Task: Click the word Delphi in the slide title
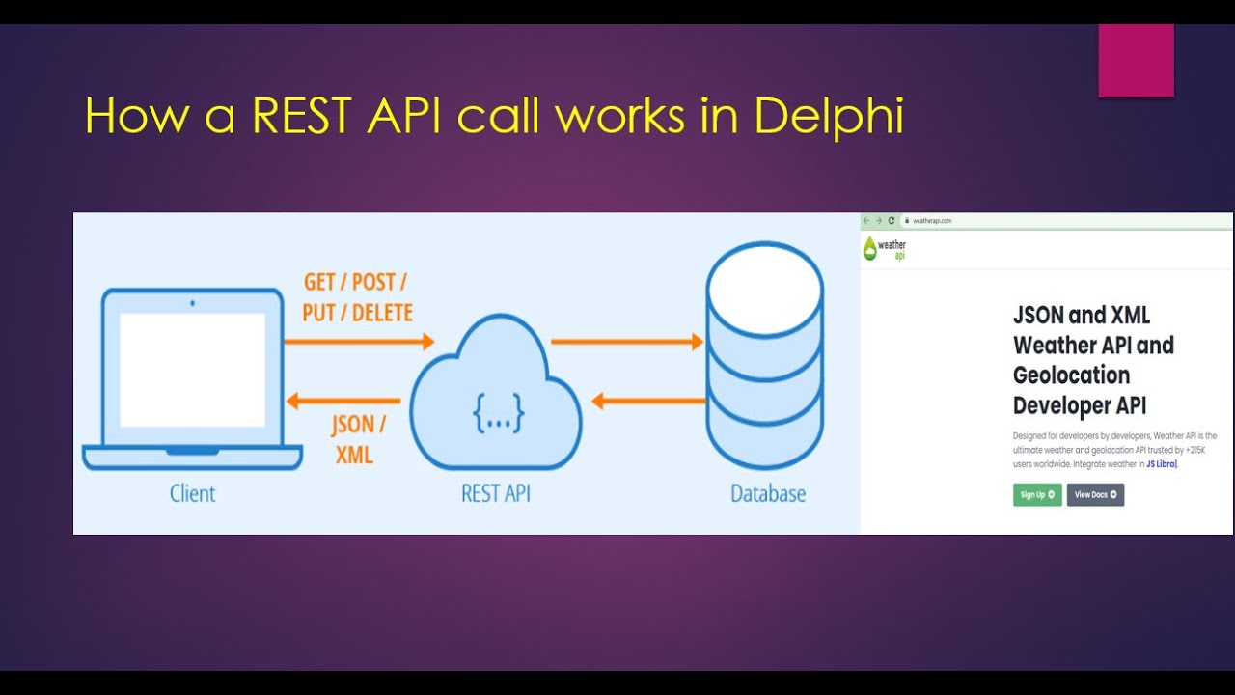click(829, 117)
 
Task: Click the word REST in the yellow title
click(304, 117)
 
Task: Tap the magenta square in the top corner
click(1136, 61)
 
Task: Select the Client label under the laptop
click(192, 493)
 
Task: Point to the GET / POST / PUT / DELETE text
click(357, 297)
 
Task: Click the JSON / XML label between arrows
click(357, 439)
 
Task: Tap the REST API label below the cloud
click(495, 493)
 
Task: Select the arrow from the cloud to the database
click(626, 341)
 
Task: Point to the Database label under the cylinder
click(767, 493)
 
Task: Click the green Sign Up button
click(1037, 494)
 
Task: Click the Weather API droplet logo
click(871, 249)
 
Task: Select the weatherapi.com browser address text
click(932, 221)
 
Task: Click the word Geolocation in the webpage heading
click(1071, 375)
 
